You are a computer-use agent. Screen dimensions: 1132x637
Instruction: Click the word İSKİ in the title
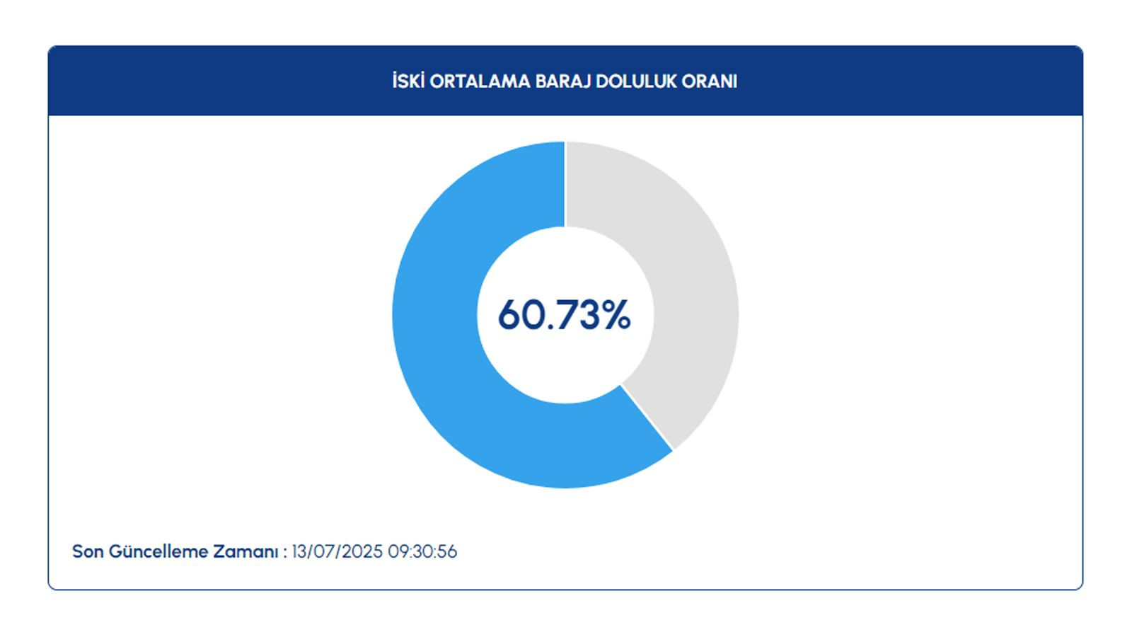(408, 81)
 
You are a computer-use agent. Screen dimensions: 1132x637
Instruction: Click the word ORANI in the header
(710, 81)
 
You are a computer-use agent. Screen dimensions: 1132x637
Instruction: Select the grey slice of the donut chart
(693, 283)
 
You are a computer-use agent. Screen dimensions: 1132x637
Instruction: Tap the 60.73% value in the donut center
(565, 314)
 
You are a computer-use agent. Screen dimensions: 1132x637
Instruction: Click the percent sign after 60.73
(616, 314)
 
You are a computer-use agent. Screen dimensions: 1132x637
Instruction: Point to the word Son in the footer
(88, 551)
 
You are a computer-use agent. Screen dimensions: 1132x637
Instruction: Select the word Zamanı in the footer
(246, 551)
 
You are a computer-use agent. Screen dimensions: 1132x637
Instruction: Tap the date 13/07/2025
(337, 551)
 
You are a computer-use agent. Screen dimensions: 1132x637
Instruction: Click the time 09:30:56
(422, 551)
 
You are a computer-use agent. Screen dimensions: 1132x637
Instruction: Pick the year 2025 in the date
(362, 551)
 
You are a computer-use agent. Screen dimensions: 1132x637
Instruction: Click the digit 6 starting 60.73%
(509, 314)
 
